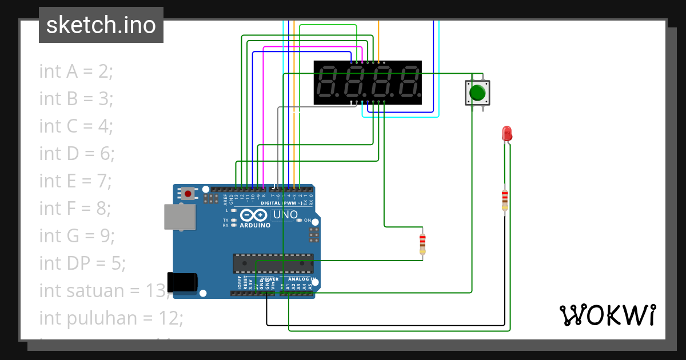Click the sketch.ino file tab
(x=101, y=25)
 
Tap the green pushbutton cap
(x=477, y=92)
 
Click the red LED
(x=506, y=134)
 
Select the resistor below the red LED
(x=504, y=199)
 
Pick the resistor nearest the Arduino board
(x=422, y=244)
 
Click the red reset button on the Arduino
(x=188, y=194)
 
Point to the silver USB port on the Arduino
(x=179, y=217)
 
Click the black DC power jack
(x=183, y=282)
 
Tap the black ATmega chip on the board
(x=273, y=263)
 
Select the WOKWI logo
(x=607, y=315)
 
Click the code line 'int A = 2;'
(x=76, y=71)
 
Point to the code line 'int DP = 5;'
(x=82, y=263)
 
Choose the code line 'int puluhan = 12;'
(x=111, y=318)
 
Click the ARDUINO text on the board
(x=255, y=225)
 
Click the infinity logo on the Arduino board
(x=254, y=215)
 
